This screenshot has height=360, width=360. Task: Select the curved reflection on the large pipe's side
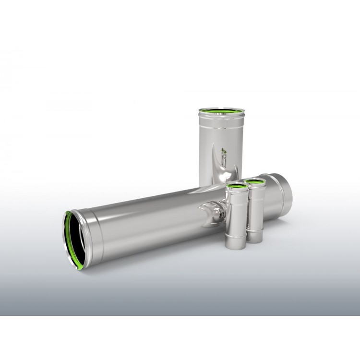(210, 214)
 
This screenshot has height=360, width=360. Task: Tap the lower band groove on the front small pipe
(235, 237)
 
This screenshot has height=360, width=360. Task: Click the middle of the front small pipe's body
(235, 214)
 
